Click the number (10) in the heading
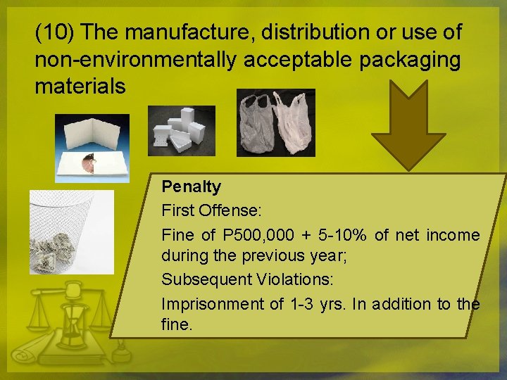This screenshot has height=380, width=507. (x=56, y=32)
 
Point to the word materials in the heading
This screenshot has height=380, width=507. (x=80, y=87)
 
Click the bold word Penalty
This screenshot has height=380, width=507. (x=191, y=186)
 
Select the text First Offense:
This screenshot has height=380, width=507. (x=201, y=210)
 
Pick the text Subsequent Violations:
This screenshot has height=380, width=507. (x=247, y=279)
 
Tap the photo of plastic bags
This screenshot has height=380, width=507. (x=275, y=122)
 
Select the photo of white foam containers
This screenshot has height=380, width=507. (x=181, y=130)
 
